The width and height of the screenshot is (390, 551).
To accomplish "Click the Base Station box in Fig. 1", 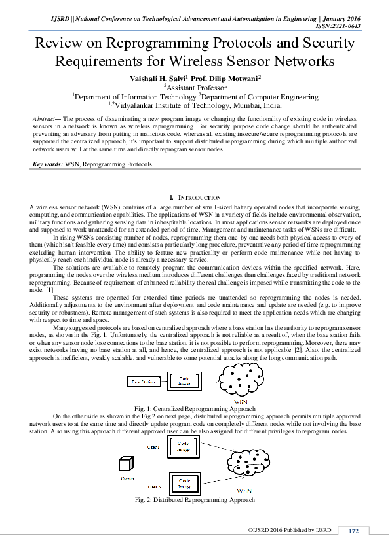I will pos(144,381).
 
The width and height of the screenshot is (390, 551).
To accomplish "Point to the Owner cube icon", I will pos(127,465).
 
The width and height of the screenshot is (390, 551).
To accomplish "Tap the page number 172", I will pos(353,531).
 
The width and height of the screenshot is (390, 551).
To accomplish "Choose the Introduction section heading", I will pos(195,197).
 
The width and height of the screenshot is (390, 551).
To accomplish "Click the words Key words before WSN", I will pos(48,165).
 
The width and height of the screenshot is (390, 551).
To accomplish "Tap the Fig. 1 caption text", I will pos(195,408).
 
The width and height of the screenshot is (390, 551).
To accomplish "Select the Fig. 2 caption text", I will pos(195,500).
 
